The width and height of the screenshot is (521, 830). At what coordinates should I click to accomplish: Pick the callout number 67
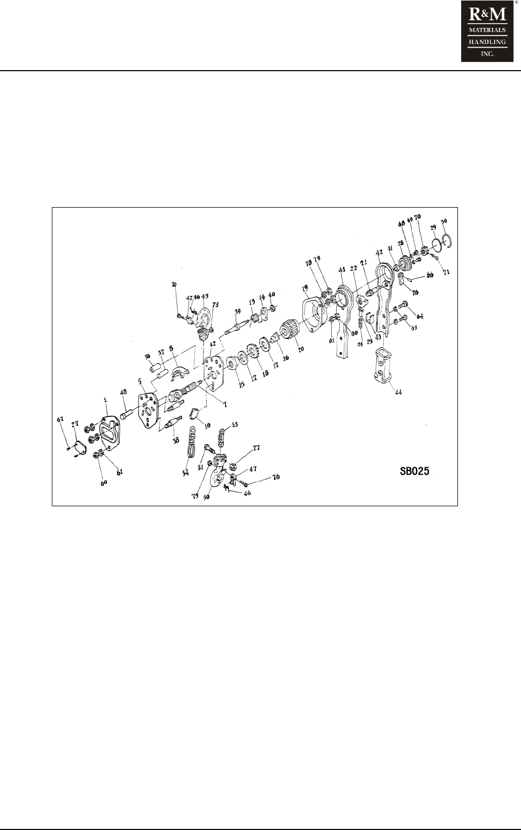click(60, 420)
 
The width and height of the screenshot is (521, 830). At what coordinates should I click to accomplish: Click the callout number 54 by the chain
click(185, 474)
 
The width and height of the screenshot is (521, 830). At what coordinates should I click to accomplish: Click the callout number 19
click(305, 288)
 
